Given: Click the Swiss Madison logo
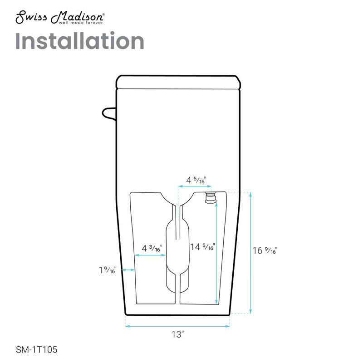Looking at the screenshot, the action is click(60, 17).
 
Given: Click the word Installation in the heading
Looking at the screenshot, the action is click(80, 41).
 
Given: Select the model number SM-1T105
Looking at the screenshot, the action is click(36, 349).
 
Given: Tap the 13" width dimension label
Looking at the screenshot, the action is click(177, 334).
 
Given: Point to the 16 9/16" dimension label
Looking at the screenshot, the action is click(265, 250).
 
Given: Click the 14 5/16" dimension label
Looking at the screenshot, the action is click(202, 247).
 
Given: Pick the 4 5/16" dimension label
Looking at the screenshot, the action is click(196, 180).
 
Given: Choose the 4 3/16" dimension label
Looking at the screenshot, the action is click(152, 248).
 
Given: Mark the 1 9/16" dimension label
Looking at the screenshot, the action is click(108, 270).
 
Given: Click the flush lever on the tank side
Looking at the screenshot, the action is click(109, 114).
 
